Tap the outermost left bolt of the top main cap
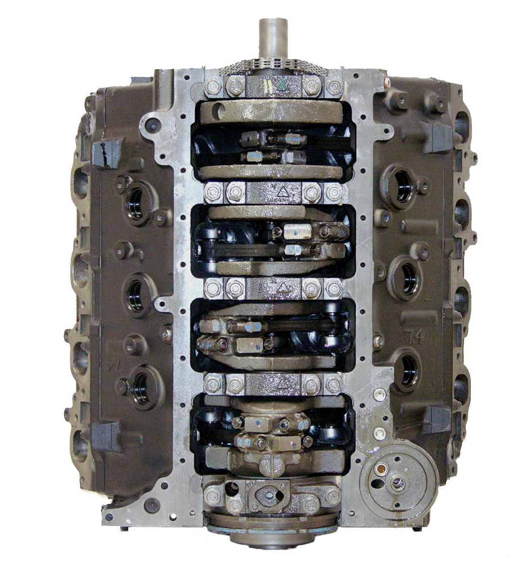[213, 87]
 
